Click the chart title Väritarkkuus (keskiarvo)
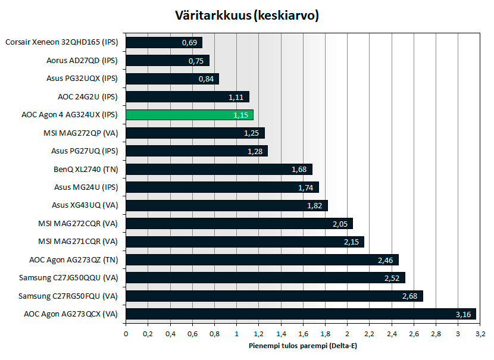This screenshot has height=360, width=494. click(x=247, y=15)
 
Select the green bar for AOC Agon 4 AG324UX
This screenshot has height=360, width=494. click(x=189, y=115)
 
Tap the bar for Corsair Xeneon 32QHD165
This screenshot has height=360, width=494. click(x=164, y=42)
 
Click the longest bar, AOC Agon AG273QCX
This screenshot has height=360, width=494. click(x=301, y=314)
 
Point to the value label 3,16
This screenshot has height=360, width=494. click(x=463, y=314)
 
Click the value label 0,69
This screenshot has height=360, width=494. click(x=190, y=43)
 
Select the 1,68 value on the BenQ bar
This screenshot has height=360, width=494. click(x=299, y=170)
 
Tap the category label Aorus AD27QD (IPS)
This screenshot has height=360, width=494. click(x=82, y=60)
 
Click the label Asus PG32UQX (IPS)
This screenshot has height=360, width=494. click(x=82, y=78)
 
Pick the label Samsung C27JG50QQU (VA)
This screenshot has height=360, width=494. click(x=68, y=277)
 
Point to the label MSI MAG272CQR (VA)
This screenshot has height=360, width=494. click(x=77, y=223)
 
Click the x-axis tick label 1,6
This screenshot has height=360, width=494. click(x=303, y=334)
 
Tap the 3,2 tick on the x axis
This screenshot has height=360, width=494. click(x=480, y=334)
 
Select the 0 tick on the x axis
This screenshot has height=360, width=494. click(x=126, y=334)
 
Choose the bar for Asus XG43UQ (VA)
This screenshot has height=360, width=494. click(x=226, y=205)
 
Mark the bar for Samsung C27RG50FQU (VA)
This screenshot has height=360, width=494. click(x=274, y=296)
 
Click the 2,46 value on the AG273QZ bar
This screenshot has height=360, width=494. click(x=386, y=260)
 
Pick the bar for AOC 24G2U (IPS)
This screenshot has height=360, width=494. click(x=187, y=96)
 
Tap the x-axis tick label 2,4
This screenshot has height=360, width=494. click(x=391, y=334)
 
